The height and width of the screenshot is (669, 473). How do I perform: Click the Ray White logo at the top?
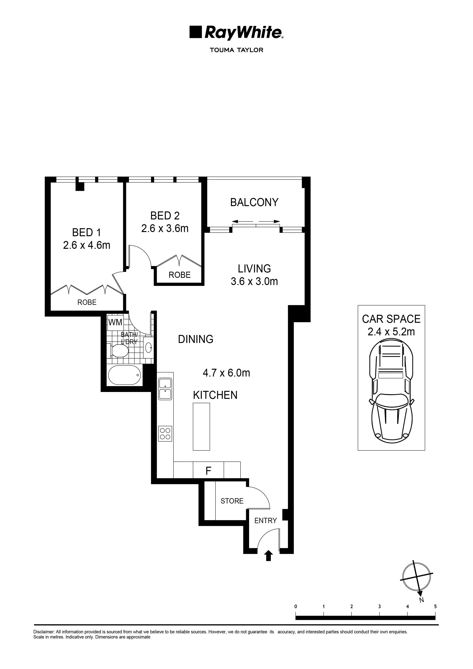[236, 33]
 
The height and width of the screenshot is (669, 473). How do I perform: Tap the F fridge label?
[208, 471]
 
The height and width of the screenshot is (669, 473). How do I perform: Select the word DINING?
[195, 339]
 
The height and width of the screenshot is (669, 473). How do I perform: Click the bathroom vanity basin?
[148, 347]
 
